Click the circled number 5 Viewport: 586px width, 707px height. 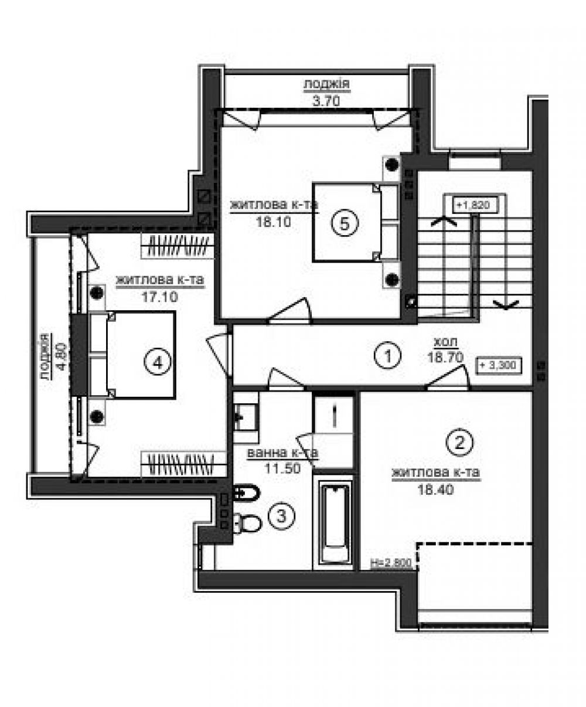point(344,223)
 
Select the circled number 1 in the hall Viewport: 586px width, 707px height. point(388,355)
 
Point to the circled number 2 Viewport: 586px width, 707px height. point(459,442)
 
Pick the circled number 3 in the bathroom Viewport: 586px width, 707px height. point(281,516)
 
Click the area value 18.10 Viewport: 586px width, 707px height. point(274,222)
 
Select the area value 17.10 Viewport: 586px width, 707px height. point(160,297)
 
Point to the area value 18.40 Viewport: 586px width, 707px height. point(436,490)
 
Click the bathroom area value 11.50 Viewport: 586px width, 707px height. point(282,468)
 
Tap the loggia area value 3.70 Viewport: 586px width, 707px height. point(326,100)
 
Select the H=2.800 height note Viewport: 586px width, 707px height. point(391,563)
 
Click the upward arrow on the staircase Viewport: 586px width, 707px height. point(444,221)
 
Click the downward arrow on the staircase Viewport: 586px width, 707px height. point(506,305)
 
